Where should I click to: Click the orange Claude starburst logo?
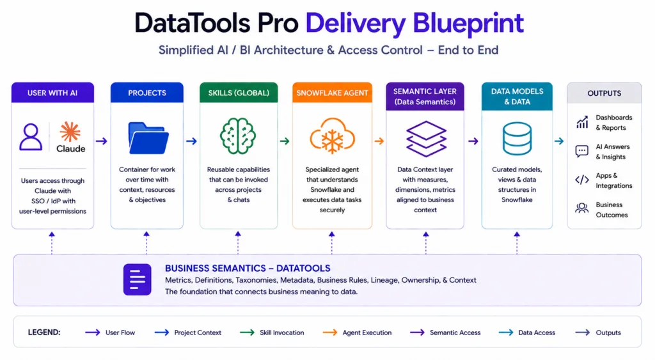(x=70, y=132)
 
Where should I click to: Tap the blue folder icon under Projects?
(x=148, y=138)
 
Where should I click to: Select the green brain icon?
(x=238, y=136)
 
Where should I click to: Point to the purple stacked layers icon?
(x=426, y=139)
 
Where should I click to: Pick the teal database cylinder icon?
(x=517, y=139)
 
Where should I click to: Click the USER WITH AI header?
(x=52, y=93)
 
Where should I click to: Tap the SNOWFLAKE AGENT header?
(x=332, y=93)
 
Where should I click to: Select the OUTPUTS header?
(x=604, y=93)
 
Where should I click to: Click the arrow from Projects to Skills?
(x=191, y=141)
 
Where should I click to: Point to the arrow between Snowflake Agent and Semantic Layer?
(x=379, y=141)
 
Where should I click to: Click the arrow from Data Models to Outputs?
(x=559, y=141)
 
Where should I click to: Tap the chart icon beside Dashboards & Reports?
(x=582, y=122)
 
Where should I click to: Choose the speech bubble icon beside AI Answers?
(x=582, y=151)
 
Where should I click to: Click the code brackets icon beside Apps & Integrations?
(x=582, y=180)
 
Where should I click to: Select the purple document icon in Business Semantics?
(x=138, y=279)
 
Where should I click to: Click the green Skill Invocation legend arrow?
(x=248, y=333)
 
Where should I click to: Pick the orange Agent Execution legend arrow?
(x=330, y=333)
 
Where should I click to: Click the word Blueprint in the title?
(x=468, y=24)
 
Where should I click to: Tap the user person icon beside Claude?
(x=31, y=137)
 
